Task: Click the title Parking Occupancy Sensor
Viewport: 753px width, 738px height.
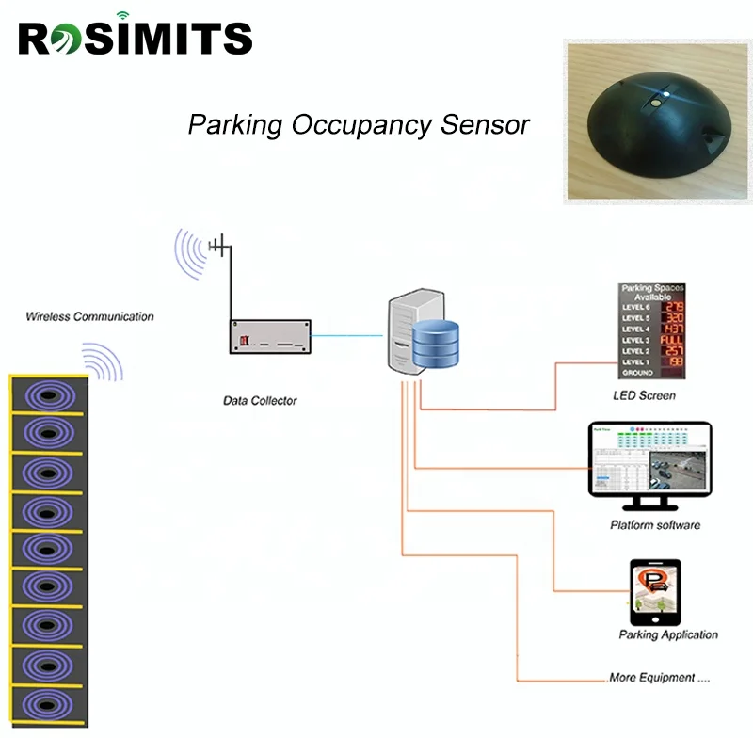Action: (359, 125)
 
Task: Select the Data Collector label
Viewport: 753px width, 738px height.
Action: (259, 401)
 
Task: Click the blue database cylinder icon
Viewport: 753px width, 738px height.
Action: (435, 345)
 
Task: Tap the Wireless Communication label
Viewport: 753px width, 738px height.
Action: (89, 317)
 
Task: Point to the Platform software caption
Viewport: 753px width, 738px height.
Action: (654, 524)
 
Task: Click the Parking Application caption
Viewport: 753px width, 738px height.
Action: (668, 635)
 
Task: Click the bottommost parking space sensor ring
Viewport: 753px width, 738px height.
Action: (48, 703)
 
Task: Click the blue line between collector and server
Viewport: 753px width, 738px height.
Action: (348, 334)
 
